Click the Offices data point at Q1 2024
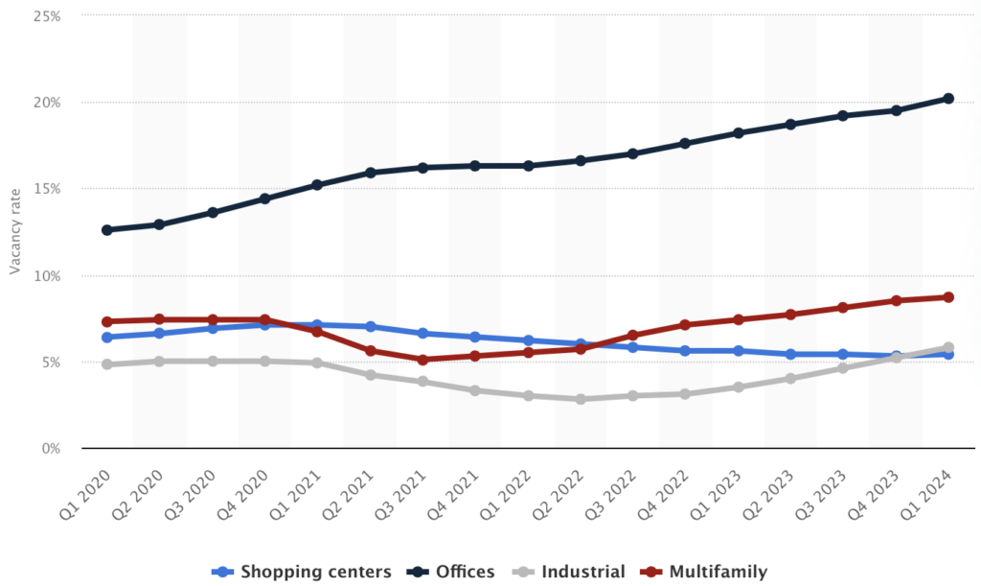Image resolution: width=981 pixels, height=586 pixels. (948, 98)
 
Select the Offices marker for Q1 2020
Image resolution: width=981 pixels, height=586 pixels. (107, 230)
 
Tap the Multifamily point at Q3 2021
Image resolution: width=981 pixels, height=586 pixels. (422, 360)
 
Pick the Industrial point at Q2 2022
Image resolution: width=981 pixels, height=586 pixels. (581, 399)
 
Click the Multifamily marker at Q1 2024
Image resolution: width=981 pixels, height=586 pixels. (948, 297)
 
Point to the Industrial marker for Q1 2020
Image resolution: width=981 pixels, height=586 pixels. (107, 364)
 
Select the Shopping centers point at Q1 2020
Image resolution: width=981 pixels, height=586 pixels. (107, 338)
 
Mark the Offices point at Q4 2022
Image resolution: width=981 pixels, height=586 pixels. (685, 144)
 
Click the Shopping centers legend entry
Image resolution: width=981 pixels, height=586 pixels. (302, 572)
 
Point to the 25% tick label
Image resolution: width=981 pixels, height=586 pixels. (45, 16)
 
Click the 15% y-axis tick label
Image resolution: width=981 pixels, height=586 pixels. (45, 189)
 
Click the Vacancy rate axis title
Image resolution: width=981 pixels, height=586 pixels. (15, 233)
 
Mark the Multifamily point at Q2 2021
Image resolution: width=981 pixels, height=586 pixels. (370, 351)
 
